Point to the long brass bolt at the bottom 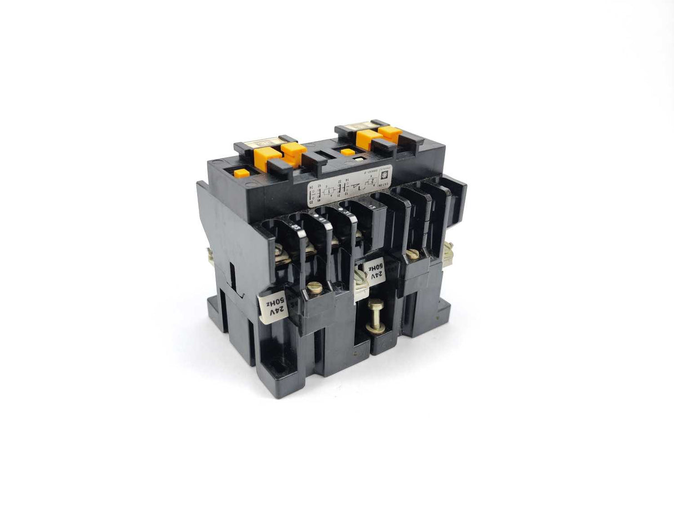click(x=376, y=315)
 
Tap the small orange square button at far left click(x=242, y=173)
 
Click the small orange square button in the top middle click(x=348, y=152)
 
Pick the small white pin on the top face click(x=361, y=157)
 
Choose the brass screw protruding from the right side click(x=447, y=253)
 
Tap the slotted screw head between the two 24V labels click(x=315, y=288)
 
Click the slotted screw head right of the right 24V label click(x=411, y=254)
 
